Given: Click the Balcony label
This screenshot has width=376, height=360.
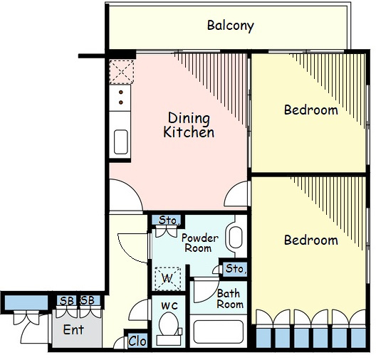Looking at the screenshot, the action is (231, 26).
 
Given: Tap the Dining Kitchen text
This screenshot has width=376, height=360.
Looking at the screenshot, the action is (189, 125).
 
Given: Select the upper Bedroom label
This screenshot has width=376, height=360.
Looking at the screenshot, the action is (311, 110).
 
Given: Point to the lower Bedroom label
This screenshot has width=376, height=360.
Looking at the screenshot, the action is (311, 240).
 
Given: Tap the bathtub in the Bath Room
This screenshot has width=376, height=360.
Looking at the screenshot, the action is (218, 332).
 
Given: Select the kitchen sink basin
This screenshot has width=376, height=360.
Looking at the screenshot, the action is (121, 142).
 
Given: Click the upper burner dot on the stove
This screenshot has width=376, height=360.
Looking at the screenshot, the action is (121, 92).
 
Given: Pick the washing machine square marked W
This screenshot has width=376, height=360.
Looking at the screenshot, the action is (167, 278).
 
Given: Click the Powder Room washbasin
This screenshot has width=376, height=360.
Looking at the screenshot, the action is (236, 238).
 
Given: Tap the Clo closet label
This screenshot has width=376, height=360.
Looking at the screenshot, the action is (137, 341).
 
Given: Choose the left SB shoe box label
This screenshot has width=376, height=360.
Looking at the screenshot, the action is (67, 301).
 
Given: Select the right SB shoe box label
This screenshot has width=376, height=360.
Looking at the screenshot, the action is (88, 300).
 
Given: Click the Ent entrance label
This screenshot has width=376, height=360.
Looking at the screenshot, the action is (73, 330).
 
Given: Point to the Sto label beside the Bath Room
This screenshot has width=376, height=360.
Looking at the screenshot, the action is (236, 268).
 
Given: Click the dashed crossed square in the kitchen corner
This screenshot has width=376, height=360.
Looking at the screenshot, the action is (122, 72).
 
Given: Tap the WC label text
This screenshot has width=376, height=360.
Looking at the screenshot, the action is (169, 306).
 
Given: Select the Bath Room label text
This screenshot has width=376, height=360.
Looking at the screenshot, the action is (230, 299).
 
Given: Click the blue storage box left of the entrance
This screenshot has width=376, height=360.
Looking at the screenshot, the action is (26, 303).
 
